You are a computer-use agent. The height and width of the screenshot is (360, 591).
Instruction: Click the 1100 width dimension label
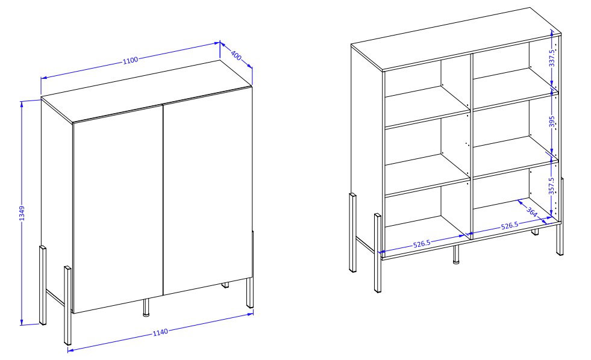tap(130, 60)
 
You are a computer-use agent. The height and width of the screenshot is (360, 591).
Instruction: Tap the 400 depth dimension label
tap(236, 56)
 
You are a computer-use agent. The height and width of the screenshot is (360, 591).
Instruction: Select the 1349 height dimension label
tap(22, 214)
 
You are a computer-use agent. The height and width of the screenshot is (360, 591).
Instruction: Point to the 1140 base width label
tap(160, 332)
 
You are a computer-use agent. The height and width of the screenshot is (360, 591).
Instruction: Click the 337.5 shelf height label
tap(552, 58)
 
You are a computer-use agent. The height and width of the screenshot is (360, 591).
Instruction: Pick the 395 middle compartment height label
tap(552, 122)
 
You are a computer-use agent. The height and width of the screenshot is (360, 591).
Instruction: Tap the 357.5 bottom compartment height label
tap(551, 186)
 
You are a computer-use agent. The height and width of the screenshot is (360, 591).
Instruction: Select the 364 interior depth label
tap(531, 212)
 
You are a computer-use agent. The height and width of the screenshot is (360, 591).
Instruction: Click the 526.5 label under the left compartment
tap(422, 244)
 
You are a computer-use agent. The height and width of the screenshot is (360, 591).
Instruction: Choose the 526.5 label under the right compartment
tap(510, 226)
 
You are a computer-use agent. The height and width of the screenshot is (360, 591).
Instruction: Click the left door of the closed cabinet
tap(118, 208)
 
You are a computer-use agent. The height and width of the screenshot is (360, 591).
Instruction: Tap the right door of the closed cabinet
tap(208, 190)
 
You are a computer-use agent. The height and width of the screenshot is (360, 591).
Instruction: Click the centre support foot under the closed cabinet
tap(146, 307)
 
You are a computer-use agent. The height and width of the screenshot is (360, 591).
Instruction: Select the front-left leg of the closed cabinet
tap(67, 305)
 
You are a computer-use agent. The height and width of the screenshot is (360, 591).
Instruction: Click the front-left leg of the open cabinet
tap(378, 253)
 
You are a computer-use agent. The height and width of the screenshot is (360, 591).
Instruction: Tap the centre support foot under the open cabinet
tap(456, 254)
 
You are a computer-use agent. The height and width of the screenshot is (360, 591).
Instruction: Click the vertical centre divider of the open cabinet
tap(471, 145)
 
